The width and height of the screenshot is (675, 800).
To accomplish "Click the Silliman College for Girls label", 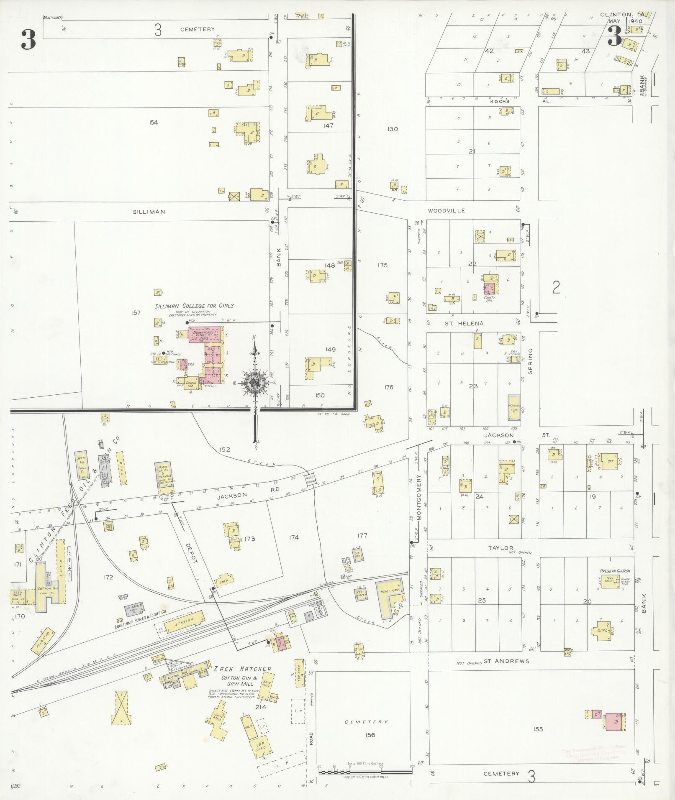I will tap(194, 306).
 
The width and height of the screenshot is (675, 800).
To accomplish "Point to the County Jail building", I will tap(490, 289).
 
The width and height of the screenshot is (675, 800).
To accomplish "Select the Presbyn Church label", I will tap(614, 570).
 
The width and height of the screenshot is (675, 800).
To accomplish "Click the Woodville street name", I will tap(446, 211).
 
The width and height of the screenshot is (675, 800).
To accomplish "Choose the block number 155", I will tap(538, 729).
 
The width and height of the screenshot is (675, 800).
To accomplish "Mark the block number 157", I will tap(136, 312).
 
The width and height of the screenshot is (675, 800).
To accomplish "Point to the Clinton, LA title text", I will tap(622, 14).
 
